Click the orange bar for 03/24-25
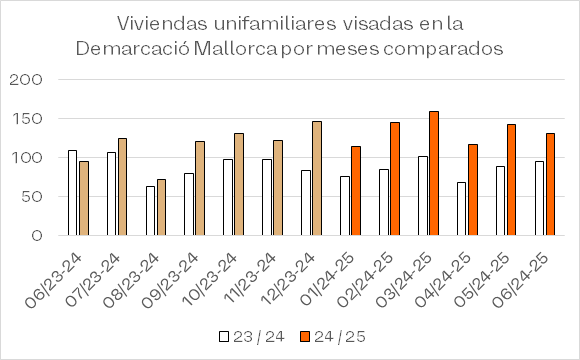point(434,173)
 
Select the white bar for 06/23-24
point(72,193)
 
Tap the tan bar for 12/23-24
point(317,178)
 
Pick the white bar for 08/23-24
point(150,211)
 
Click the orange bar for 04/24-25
point(473,190)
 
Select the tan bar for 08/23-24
point(161,208)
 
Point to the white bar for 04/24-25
point(462,209)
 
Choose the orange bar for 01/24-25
point(356,191)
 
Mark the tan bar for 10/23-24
point(239,184)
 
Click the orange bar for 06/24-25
point(550,184)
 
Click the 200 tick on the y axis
point(26,80)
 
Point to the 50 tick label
point(32,197)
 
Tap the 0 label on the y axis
point(37,236)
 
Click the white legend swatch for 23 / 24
point(224,337)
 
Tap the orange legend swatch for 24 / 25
point(305,337)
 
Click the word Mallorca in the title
point(235,49)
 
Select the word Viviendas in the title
point(162,24)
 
